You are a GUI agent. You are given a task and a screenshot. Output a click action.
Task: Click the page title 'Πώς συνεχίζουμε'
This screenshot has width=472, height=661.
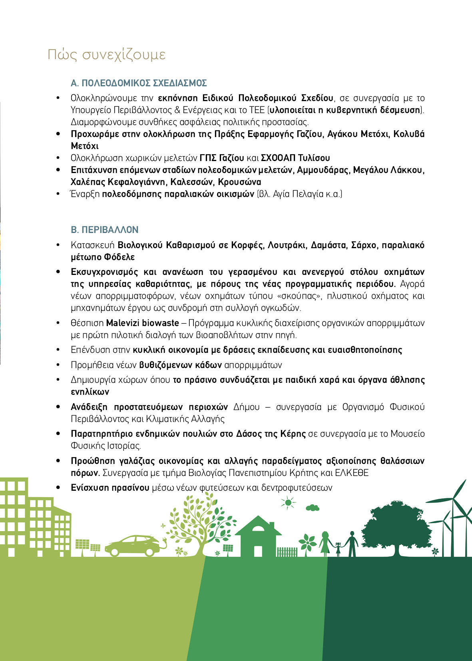pos(106,54)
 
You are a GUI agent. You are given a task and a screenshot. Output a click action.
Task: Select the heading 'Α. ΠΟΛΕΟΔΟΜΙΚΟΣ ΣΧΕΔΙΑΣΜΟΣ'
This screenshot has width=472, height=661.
pos(139,83)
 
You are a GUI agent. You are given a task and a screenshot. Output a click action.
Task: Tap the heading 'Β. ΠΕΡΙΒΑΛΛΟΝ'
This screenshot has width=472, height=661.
pos(104,230)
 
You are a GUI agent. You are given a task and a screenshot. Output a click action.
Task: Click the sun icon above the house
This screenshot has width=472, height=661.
pos(288,502)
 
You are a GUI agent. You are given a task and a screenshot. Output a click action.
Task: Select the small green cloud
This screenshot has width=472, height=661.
pos(312,508)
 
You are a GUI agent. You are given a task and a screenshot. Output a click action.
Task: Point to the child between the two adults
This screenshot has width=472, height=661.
pos(339,549)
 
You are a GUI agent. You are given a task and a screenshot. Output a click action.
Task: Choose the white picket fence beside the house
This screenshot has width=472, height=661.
pos(287,552)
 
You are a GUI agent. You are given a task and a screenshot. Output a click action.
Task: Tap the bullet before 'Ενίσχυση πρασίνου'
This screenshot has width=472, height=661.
pos(59,488)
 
